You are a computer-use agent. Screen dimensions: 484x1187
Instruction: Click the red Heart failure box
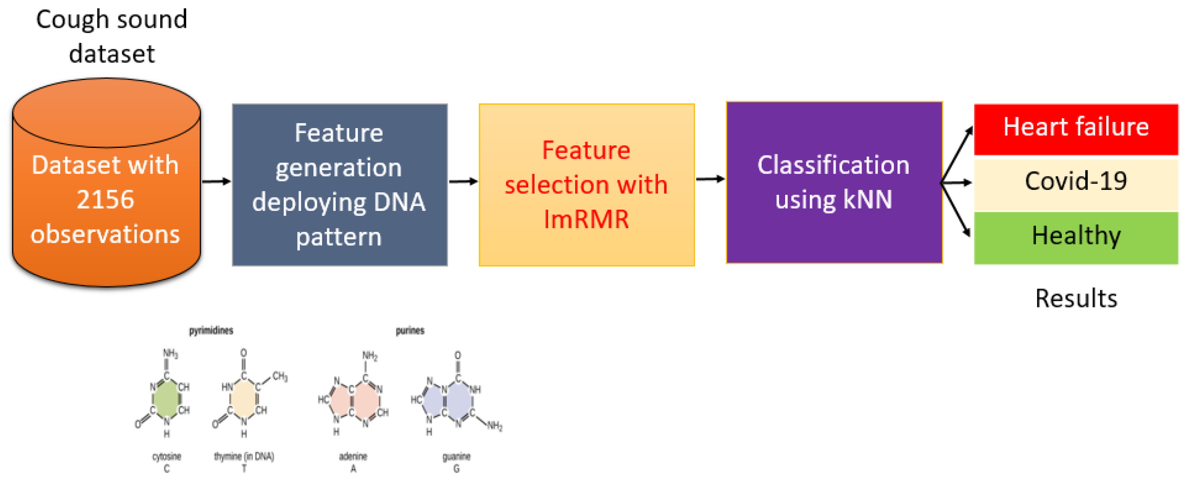click(x=1076, y=128)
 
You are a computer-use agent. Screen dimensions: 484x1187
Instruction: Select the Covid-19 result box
click(x=1076, y=182)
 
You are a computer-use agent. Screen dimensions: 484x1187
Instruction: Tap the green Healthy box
click(x=1076, y=236)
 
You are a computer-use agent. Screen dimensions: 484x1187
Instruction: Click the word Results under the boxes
click(x=1076, y=298)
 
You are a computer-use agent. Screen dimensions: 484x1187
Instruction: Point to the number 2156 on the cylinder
click(x=105, y=200)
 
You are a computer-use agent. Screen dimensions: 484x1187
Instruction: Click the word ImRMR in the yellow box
click(x=586, y=219)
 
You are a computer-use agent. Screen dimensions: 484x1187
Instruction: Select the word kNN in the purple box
click(x=867, y=200)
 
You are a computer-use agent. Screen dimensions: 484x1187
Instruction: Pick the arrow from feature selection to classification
click(x=710, y=179)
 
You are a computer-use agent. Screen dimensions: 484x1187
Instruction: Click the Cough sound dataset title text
click(x=111, y=36)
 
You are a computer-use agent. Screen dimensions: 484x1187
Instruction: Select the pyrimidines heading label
click(x=211, y=330)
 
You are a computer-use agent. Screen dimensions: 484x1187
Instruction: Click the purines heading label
click(x=410, y=330)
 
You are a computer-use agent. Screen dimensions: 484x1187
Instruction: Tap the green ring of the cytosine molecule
click(x=166, y=399)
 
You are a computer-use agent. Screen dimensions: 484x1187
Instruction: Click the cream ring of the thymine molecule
click(x=243, y=399)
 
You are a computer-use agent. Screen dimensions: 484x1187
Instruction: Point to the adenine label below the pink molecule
click(x=353, y=457)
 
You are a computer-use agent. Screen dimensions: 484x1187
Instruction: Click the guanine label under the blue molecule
click(x=456, y=457)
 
